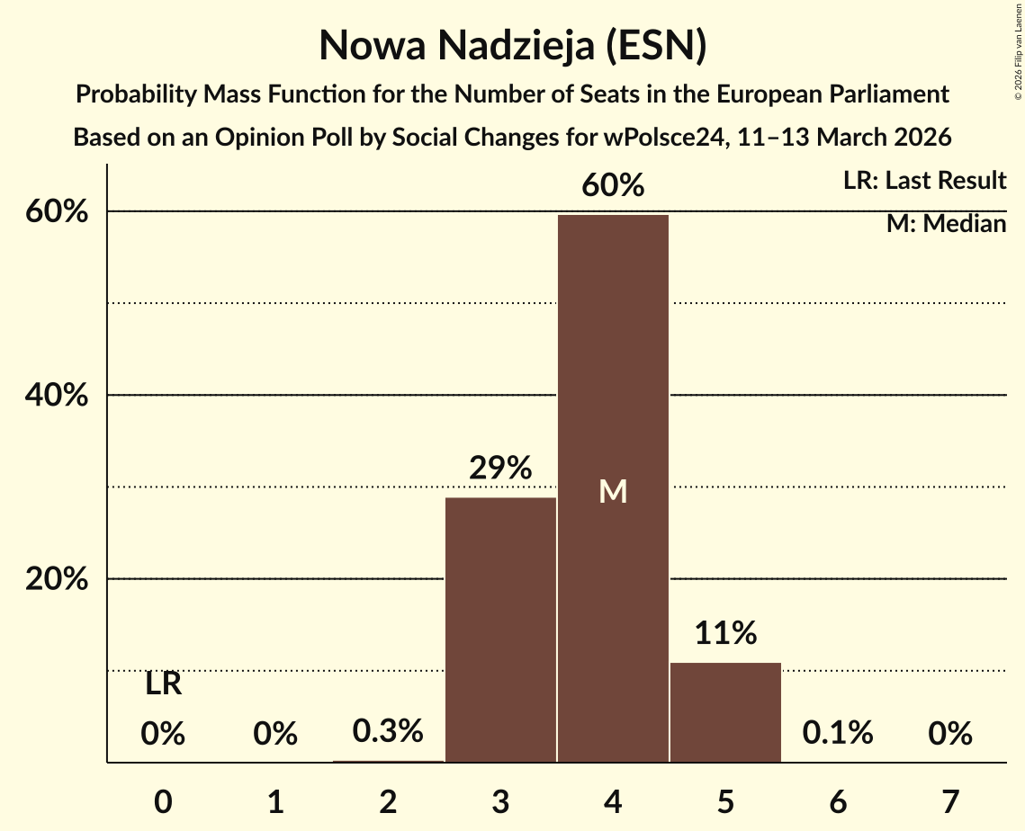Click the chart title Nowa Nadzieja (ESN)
pos(512,46)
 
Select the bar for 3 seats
pos(500,630)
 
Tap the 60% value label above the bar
pos(613,186)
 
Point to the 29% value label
pos(500,469)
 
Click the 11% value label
pos(725,634)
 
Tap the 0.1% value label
pos(838,734)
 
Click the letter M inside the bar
pos(613,491)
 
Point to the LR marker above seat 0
pos(163,685)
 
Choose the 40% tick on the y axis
pos(57,396)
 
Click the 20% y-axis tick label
pos(57,580)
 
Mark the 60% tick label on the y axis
pos(57,212)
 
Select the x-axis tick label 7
pos(950,800)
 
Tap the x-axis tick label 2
pos(388,800)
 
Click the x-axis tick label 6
pos(838,800)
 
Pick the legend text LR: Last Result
pos(924,181)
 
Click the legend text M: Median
pos(946,224)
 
